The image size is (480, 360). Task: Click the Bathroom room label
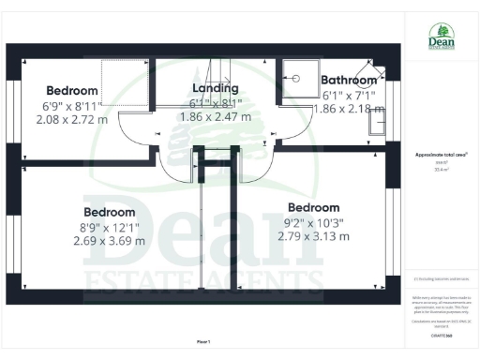[x=348, y=81]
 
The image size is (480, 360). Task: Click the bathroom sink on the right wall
[x=379, y=121]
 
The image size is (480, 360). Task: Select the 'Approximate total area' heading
[x=440, y=154]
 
